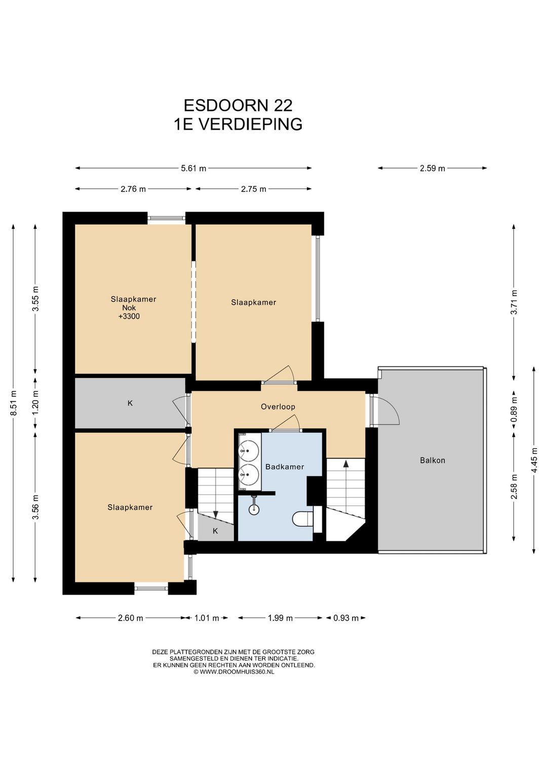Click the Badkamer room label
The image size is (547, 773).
click(x=284, y=467)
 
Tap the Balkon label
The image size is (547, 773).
click(x=433, y=460)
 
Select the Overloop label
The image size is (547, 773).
click(x=278, y=407)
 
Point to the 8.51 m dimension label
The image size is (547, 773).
click(x=14, y=403)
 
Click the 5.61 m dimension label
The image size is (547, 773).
click(x=193, y=168)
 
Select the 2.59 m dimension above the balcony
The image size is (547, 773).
click(x=433, y=168)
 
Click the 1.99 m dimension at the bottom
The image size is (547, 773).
click(x=280, y=617)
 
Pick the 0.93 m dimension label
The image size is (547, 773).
click(x=346, y=617)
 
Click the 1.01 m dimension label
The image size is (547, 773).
click(x=207, y=617)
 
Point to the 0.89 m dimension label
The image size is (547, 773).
click(x=514, y=410)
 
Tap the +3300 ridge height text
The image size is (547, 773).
click(x=129, y=316)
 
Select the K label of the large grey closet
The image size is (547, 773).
click(x=130, y=403)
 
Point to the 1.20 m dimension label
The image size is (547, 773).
click(x=35, y=403)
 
